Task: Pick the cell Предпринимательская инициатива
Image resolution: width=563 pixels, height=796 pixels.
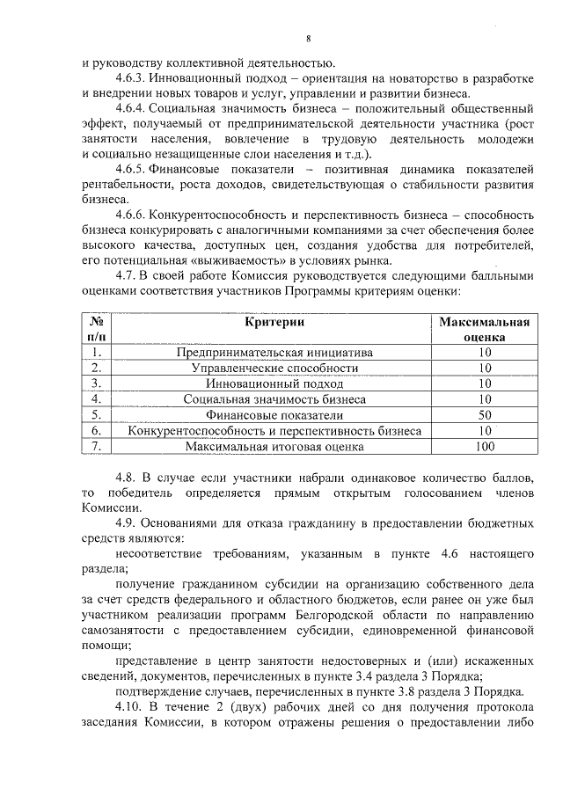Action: [274, 352]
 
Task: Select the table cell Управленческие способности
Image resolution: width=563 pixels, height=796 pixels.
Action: [274, 368]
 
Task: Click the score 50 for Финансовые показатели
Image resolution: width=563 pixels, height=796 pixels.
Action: [484, 415]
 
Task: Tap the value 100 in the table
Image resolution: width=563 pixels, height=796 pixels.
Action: [484, 447]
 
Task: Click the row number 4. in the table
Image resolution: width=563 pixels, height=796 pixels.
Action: [98, 399]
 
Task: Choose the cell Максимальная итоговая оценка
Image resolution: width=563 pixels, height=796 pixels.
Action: [274, 447]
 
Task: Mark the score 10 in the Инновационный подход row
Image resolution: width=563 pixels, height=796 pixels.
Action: [484, 383]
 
